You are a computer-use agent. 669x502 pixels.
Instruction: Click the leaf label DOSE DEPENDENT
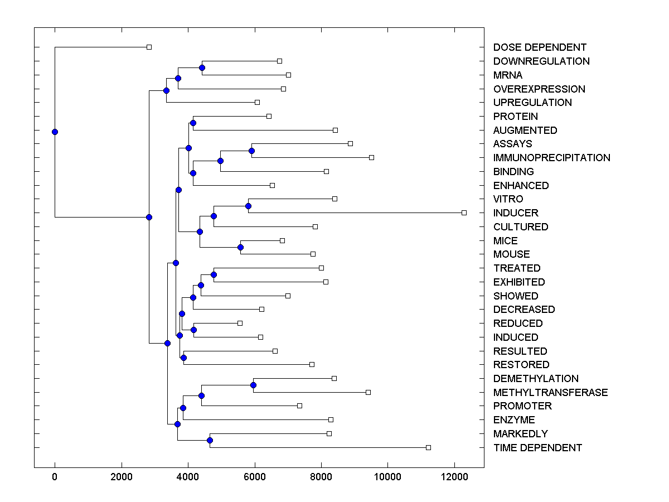[x=540, y=47]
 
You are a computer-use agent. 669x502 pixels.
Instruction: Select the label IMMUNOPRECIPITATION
[x=551, y=158]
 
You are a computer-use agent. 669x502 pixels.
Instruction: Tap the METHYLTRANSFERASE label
[x=550, y=393]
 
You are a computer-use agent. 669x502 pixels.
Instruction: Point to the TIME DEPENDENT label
[x=537, y=448]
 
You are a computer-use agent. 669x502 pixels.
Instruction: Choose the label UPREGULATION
[x=532, y=103]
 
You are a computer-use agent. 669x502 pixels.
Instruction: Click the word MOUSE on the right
[x=511, y=254]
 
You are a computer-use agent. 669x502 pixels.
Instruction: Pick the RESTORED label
[x=521, y=365]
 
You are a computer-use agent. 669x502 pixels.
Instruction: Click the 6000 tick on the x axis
[x=255, y=476]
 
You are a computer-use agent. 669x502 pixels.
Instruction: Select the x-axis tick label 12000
[x=455, y=476]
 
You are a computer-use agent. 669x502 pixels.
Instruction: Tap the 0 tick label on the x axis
[x=55, y=476]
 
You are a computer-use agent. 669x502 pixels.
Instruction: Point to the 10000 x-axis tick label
[x=388, y=476]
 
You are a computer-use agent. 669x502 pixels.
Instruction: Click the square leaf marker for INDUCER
[x=464, y=213]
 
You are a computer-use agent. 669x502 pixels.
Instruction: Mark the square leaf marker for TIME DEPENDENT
[x=428, y=447]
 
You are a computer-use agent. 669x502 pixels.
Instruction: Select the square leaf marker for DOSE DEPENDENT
[x=149, y=47]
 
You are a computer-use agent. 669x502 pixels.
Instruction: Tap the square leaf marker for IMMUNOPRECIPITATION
[x=371, y=157]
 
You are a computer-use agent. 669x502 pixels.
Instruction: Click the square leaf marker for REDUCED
[x=240, y=323]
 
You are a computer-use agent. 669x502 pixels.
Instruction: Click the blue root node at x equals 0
[x=55, y=132]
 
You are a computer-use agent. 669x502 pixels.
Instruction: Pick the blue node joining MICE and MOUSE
[x=241, y=247]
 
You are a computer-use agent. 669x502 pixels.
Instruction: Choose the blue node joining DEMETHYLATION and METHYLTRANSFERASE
[x=253, y=385]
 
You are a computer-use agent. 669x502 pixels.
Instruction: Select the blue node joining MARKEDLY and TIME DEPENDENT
[x=210, y=440]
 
